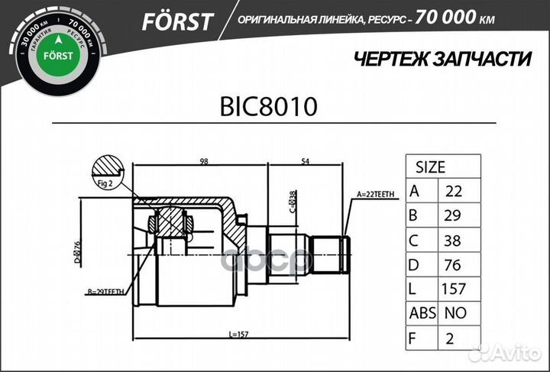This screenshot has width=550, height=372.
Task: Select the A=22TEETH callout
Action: pyautogui.click(x=377, y=196)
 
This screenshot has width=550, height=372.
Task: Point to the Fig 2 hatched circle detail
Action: pyautogui.click(x=106, y=171)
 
